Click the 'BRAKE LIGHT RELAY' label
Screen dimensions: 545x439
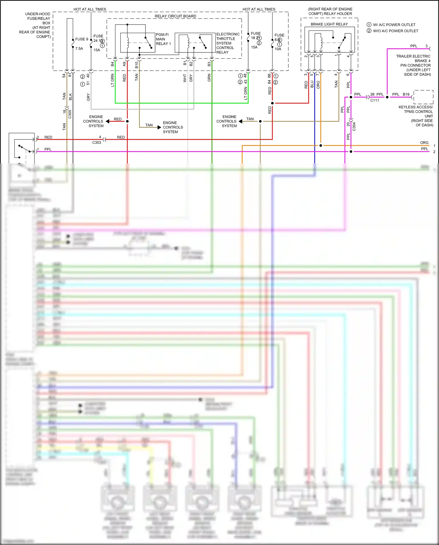pos(329,24)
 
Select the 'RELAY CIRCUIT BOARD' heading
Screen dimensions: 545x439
pos(175,16)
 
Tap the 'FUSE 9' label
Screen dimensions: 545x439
pos(81,39)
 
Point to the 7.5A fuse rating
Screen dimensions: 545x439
pos(79,49)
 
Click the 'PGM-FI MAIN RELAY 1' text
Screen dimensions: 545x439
pos(163,39)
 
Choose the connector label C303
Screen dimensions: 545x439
pos(97,143)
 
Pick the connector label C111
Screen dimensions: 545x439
pos(374,100)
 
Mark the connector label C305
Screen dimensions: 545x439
pos(70,114)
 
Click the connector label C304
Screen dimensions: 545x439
pos(354,127)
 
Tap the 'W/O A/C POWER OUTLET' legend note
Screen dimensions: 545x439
pos(395,31)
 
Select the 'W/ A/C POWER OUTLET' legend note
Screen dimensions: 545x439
pos(394,25)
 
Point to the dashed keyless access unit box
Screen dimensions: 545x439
pos(423,97)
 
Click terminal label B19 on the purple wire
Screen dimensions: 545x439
pos(406,94)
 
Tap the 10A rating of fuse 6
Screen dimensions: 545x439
pos(278,49)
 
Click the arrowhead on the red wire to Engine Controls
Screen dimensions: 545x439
pos(107,121)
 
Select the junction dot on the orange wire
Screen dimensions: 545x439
pos(321,146)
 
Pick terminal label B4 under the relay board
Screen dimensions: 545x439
pos(112,64)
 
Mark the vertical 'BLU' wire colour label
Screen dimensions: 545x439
pos(312,84)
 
